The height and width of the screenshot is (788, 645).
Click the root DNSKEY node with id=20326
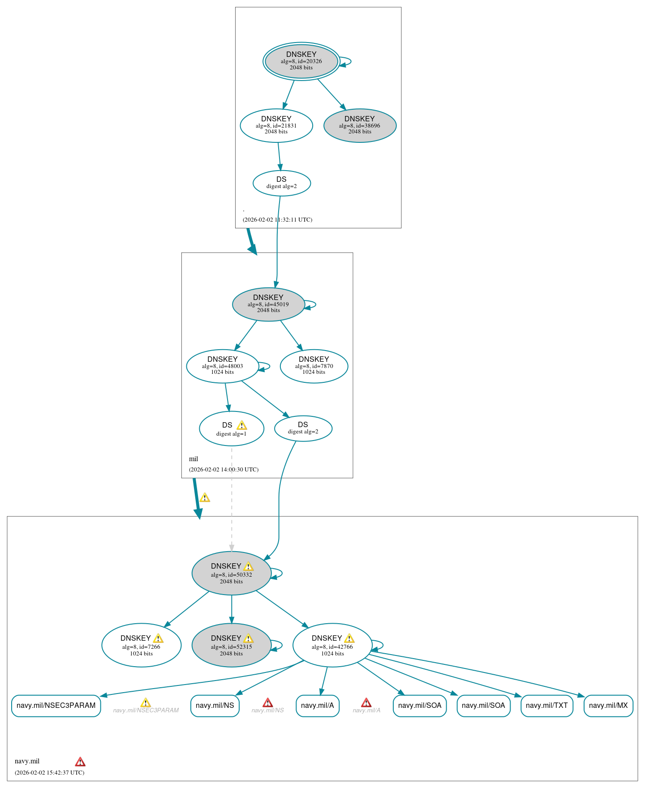pyautogui.click(x=301, y=61)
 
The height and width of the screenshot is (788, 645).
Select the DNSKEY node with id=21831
pyautogui.click(x=276, y=125)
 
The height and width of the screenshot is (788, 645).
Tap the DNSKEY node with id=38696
pyautogui.click(x=360, y=125)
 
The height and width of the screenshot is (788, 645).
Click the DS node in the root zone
pyautogui.click(x=281, y=183)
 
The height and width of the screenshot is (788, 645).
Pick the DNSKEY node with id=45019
pyautogui.click(x=268, y=304)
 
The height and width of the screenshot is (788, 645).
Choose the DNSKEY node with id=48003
pyautogui.click(x=222, y=366)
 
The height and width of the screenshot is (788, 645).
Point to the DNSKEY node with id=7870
pyautogui.click(x=314, y=366)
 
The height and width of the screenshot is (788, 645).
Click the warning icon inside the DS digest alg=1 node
pyautogui.click(x=241, y=425)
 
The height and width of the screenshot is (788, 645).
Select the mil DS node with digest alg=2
pyautogui.click(x=303, y=428)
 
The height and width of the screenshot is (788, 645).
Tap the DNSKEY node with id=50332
pyautogui.click(x=231, y=573)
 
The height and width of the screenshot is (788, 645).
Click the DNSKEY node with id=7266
pyautogui.click(x=141, y=645)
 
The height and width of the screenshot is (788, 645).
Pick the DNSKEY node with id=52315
pyautogui.click(x=231, y=645)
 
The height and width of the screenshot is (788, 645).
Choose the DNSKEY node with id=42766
pyautogui.click(x=332, y=645)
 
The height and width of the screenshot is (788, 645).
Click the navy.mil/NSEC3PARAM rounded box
pyautogui.click(x=56, y=706)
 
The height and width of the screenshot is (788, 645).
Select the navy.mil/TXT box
pyautogui.click(x=546, y=706)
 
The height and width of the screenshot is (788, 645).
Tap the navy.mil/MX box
pyautogui.click(x=608, y=706)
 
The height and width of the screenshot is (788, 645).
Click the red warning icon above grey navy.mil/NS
pyautogui.click(x=267, y=702)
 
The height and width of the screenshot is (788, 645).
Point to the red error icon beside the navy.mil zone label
pyautogui.click(x=80, y=762)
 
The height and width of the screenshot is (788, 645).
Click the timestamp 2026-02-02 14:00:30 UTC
pyautogui.click(x=224, y=469)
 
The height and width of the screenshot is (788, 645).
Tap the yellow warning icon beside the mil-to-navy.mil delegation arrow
pyautogui.click(x=205, y=497)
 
